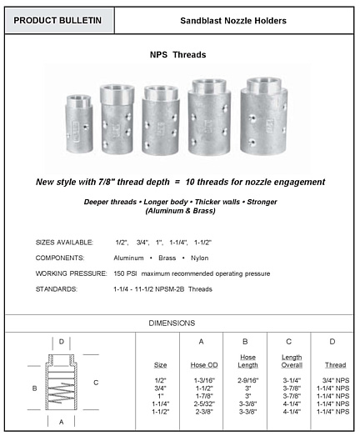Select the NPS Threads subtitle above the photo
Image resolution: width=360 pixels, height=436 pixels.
click(x=178, y=55)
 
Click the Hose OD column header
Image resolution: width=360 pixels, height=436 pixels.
click(x=202, y=363)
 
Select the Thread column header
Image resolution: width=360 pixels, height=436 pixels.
click(x=331, y=363)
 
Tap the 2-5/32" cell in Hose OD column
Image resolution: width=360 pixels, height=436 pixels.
click(x=202, y=403)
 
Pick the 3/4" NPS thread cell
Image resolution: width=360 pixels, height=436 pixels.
click(x=331, y=379)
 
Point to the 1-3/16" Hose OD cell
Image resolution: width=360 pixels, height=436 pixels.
click(x=202, y=379)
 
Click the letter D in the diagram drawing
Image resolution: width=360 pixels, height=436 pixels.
click(x=61, y=341)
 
